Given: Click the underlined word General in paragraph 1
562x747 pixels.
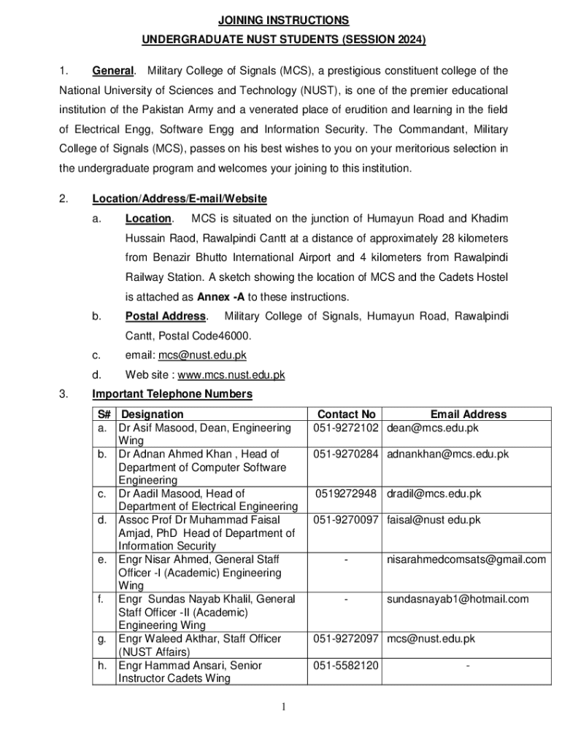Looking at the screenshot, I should point(113,71).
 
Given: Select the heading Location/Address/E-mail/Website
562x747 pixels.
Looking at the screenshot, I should point(180,199).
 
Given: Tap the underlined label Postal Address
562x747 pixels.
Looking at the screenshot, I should point(166,317).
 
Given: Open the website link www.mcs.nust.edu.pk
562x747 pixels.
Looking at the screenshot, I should point(231,376).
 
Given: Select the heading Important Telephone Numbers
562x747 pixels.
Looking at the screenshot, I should point(172,395).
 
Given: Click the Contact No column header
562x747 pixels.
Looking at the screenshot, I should point(347,414).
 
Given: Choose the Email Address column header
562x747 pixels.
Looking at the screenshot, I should point(468,414).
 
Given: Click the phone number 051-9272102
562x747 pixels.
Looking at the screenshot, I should point(347,428).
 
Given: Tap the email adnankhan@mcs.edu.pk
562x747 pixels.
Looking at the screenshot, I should point(447,454).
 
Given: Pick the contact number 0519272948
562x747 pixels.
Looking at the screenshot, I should point(347,494).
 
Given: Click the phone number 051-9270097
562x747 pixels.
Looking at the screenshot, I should point(347,520).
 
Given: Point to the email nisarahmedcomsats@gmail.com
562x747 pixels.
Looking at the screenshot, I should point(466,560).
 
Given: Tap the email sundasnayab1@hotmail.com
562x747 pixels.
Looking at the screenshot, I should point(458,599).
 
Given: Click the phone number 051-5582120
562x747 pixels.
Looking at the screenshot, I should point(347,665).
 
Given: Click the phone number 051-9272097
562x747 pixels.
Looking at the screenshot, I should point(347,639).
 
